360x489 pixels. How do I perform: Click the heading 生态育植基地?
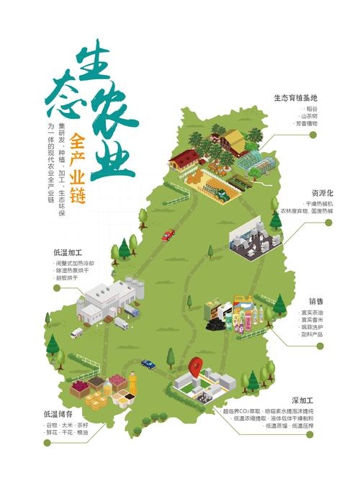click(x=295, y=97)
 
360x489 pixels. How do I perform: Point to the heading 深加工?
click(x=312, y=399)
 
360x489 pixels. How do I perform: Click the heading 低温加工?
click(x=68, y=253)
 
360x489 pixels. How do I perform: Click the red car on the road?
click(x=168, y=235)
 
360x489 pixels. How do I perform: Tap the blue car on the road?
click(x=148, y=364)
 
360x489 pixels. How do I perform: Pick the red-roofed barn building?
click(x=184, y=158)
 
